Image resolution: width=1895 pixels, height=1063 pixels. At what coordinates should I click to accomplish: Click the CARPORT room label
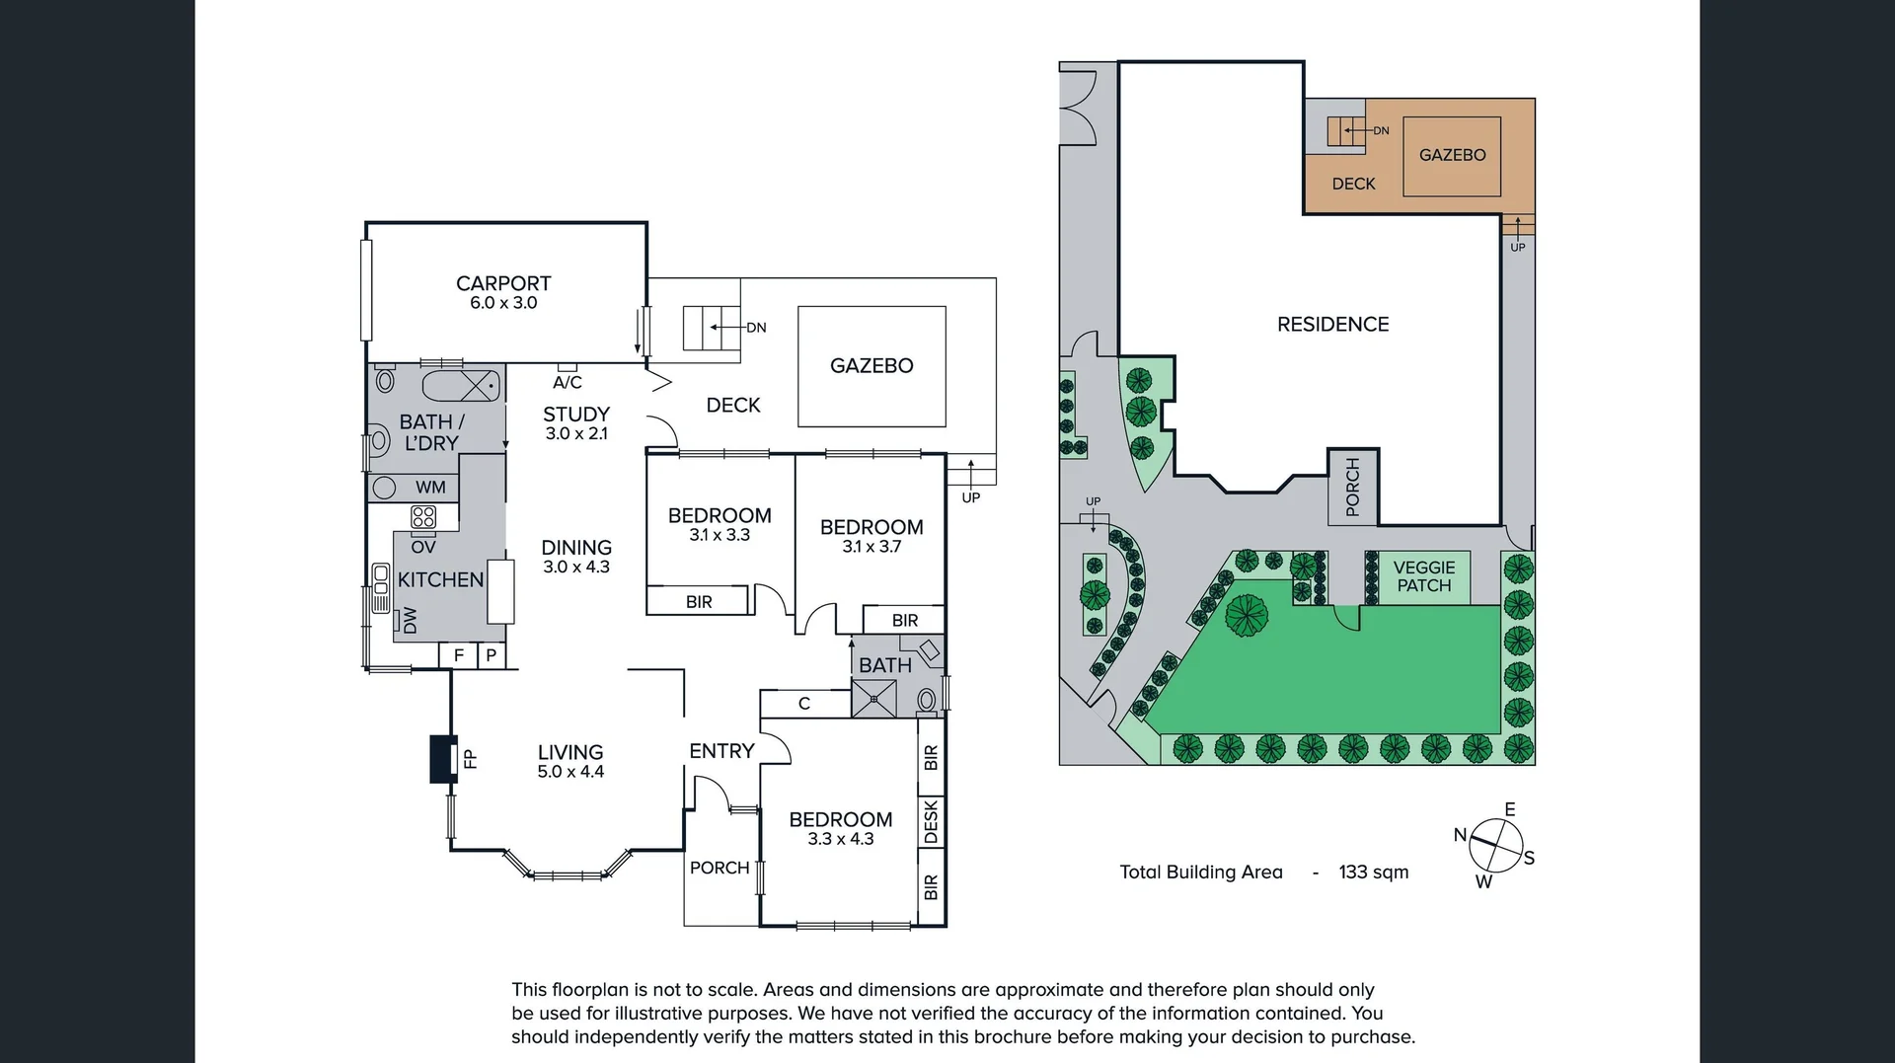503,283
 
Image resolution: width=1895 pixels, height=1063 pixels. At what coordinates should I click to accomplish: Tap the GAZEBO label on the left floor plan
872,366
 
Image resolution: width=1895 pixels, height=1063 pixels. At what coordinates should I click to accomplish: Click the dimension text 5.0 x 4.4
570,772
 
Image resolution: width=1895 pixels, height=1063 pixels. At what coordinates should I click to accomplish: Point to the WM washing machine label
430,488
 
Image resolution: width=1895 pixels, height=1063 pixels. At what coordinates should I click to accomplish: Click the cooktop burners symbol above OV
423,517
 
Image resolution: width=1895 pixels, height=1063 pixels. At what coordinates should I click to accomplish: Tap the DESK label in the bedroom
931,822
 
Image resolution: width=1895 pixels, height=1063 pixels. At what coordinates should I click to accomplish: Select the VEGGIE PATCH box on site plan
1423,576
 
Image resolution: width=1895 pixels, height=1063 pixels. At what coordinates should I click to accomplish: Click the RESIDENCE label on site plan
1332,325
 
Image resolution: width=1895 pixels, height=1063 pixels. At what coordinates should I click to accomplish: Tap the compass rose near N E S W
1495,846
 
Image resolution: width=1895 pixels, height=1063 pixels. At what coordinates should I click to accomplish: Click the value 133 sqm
1373,873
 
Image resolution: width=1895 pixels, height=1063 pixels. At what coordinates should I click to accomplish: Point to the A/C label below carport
568,382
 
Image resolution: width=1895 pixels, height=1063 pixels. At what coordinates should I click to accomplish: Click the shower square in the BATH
873,699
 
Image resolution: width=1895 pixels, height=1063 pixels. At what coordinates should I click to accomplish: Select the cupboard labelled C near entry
804,704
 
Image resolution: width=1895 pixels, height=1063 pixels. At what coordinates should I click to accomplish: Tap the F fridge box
458,655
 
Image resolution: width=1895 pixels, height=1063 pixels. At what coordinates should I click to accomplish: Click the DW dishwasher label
410,620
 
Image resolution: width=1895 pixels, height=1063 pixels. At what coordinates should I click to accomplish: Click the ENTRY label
721,751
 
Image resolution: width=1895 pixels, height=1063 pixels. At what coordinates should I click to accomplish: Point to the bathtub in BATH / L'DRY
461,385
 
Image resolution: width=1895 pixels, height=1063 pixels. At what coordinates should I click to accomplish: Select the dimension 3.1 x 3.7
872,547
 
